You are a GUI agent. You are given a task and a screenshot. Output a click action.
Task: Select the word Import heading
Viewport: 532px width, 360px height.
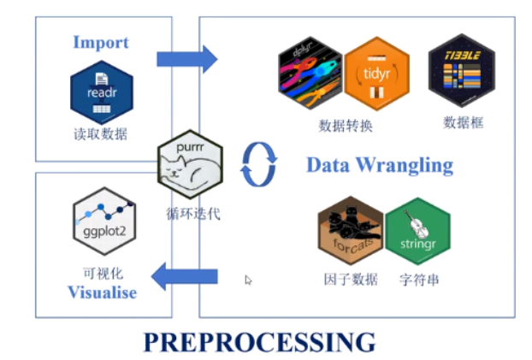[x=101, y=42]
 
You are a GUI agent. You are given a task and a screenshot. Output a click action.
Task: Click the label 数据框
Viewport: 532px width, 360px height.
[x=464, y=122]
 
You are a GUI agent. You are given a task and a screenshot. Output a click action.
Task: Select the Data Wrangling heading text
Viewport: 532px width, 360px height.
[x=380, y=164]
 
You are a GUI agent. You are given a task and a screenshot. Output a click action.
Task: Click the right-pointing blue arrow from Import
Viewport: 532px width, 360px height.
[x=187, y=59]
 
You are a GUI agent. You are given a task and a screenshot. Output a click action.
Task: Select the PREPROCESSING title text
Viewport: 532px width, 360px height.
[x=259, y=341]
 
